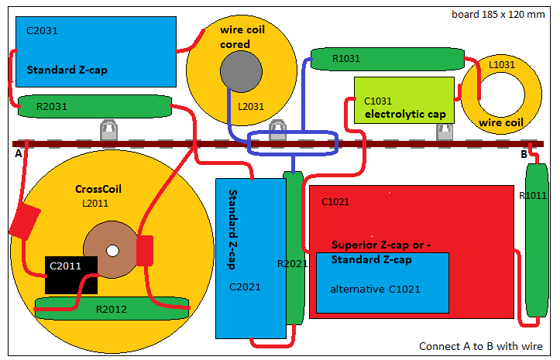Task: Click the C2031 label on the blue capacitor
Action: pyautogui.click(x=42, y=31)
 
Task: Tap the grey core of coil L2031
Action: pyautogui.click(x=241, y=71)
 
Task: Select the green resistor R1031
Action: pyautogui.click(x=387, y=59)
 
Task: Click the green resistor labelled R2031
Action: pyautogui.click(x=94, y=106)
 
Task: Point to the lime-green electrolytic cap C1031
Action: pyautogui.click(x=404, y=101)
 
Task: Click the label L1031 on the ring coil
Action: pyautogui.click(x=502, y=64)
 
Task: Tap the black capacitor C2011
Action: pyautogui.click(x=71, y=275)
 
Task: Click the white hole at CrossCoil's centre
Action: pyautogui.click(x=112, y=251)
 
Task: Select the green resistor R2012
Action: pyautogui.click(x=112, y=308)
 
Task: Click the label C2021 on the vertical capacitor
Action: pyautogui.click(x=245, y=286)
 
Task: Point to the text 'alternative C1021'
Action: pyautogui.click(x=375, y=289)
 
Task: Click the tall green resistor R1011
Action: pyautogui.click(x=537, y=240)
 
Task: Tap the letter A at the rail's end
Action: pyautogui.click(x=19, y=154)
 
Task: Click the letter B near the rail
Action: pyautogui.click(x=524, y=154)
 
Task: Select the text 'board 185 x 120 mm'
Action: pyautogui.click(x=498, y=14)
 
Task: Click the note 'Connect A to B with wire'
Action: pyautogui.click(x=481, y=346)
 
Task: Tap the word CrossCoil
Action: pyautogui.click(x=98, y=189)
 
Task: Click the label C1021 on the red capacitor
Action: pyautogui.click(x=335, y=202)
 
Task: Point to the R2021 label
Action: pyautogui.click(x=293, y=264)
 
